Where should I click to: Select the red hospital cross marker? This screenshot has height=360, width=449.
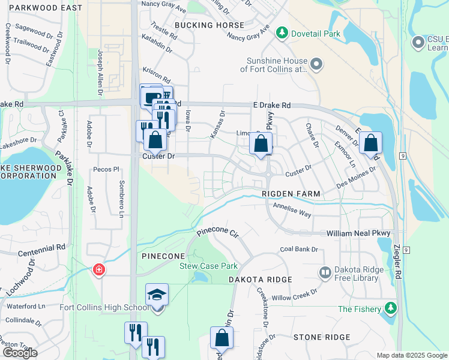pos(98,271)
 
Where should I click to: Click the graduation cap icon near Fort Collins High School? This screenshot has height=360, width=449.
pos(157,295)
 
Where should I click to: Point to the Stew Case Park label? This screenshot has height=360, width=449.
pos(209,266)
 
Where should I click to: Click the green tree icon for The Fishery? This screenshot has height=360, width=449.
pos(391,308)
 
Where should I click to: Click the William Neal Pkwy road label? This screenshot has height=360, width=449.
pos(358,233)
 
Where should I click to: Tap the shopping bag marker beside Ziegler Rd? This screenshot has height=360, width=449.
pos(371,143)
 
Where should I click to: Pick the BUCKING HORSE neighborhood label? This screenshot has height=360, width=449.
pos(209,25)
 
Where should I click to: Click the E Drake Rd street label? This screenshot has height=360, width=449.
pos(271,105)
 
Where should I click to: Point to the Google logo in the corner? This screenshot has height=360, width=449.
pos(20,353)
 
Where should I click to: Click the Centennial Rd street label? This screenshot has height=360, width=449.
pos(41,247)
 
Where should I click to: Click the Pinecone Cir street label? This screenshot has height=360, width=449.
pos(217,231)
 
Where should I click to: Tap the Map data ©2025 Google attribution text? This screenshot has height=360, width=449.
pos(411,355)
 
